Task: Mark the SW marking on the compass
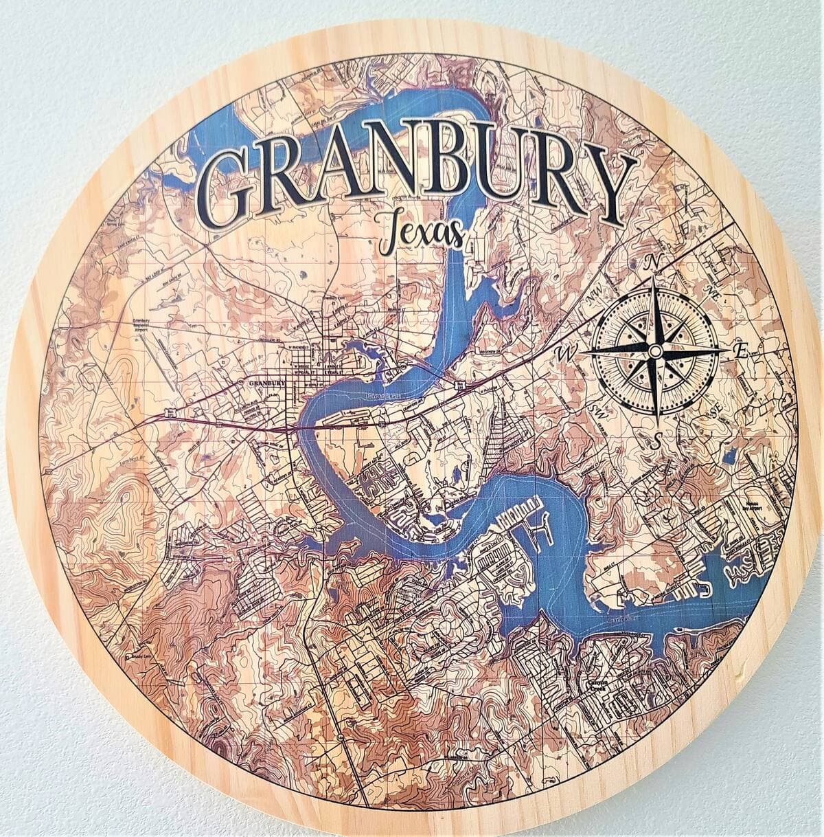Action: [596, 410]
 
